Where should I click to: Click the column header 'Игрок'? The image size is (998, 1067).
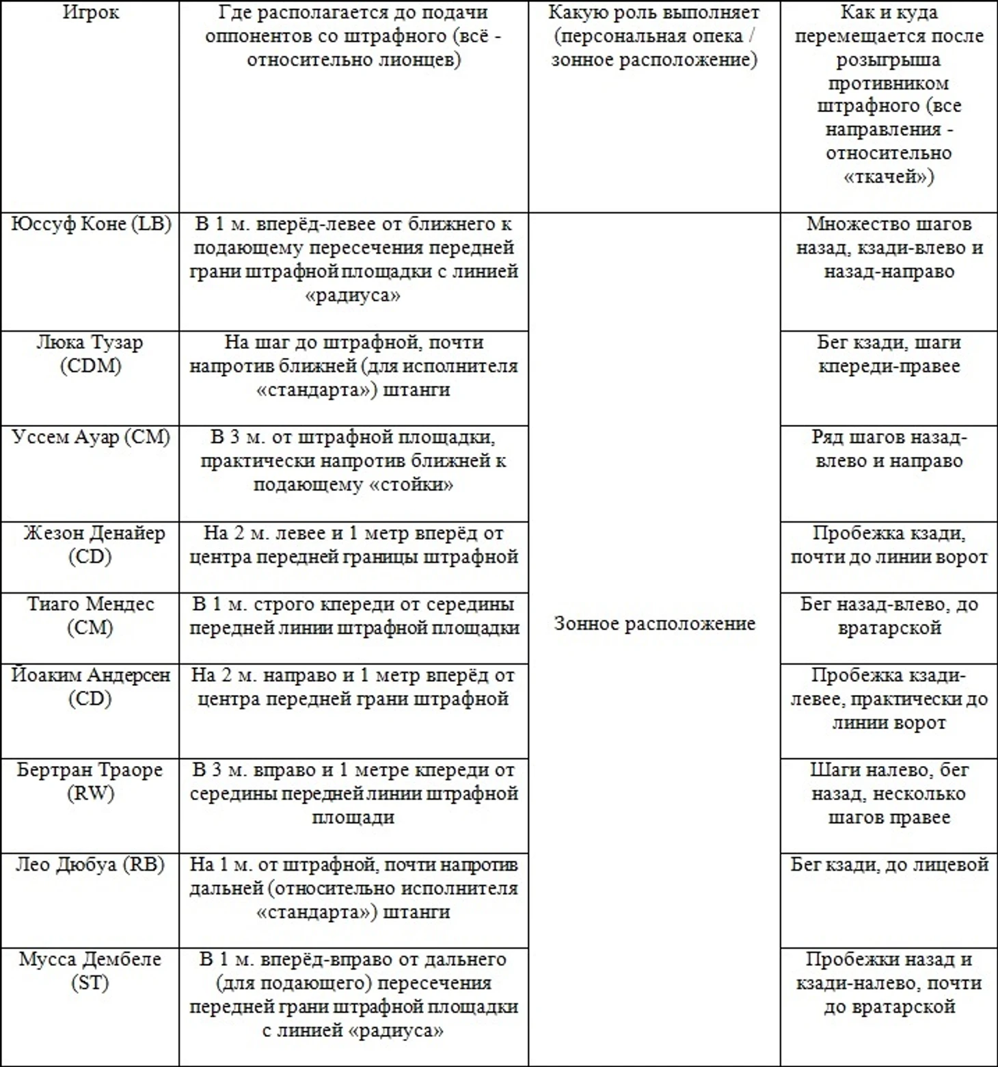(90, 13)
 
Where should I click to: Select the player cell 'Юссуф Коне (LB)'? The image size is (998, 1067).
(91, 224)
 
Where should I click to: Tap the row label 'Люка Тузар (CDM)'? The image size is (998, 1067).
(90, 354)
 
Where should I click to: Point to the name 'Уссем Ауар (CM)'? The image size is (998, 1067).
(91, 437)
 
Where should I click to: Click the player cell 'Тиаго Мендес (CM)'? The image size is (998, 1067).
(90, 616)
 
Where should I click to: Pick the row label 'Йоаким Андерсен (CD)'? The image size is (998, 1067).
(90, 687)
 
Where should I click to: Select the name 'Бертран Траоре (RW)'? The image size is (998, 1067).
(90, 781)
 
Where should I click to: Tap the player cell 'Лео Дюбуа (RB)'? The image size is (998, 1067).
(90, 865)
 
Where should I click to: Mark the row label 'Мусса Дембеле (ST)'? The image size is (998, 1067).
(90, 971)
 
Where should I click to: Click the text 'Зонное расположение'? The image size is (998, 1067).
(654, 624)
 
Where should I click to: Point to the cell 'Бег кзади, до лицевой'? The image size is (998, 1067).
(889, 865)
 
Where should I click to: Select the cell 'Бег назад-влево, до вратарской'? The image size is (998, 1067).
(889, 616)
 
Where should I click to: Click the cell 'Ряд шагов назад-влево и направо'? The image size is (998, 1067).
(889, 449)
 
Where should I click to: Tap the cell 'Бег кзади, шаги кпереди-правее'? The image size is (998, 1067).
(889, 354)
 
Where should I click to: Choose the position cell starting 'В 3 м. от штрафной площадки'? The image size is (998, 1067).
(353, 460)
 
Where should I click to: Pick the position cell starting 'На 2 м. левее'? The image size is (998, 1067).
(353, 544)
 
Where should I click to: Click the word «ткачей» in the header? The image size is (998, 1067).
(889, 177)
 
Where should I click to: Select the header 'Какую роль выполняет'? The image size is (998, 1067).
(654, 13)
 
